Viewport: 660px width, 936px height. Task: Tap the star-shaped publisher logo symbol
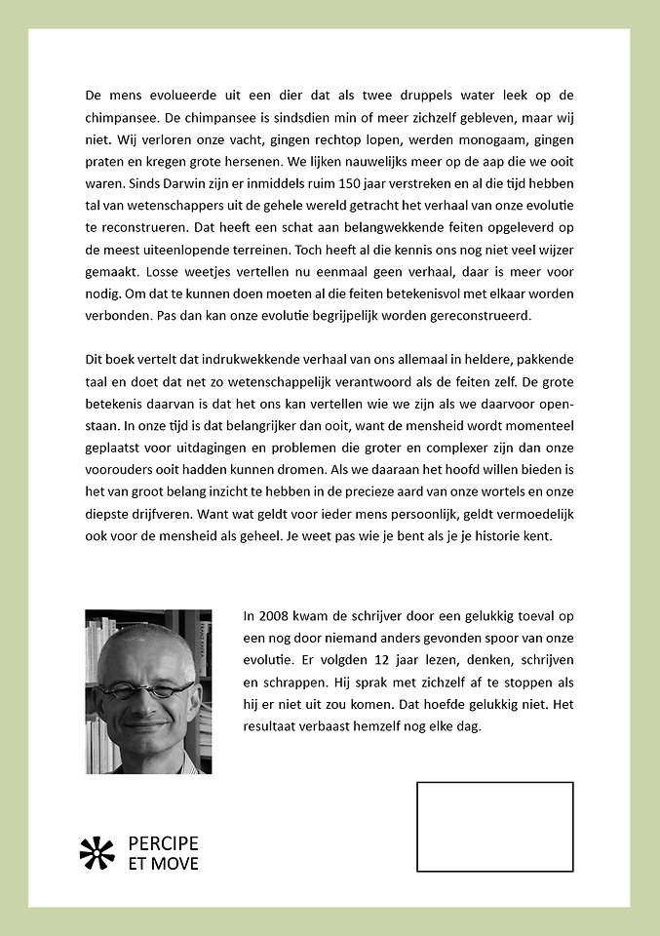97,853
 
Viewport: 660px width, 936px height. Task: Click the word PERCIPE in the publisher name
163,843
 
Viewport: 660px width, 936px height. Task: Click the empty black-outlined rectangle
494,826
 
